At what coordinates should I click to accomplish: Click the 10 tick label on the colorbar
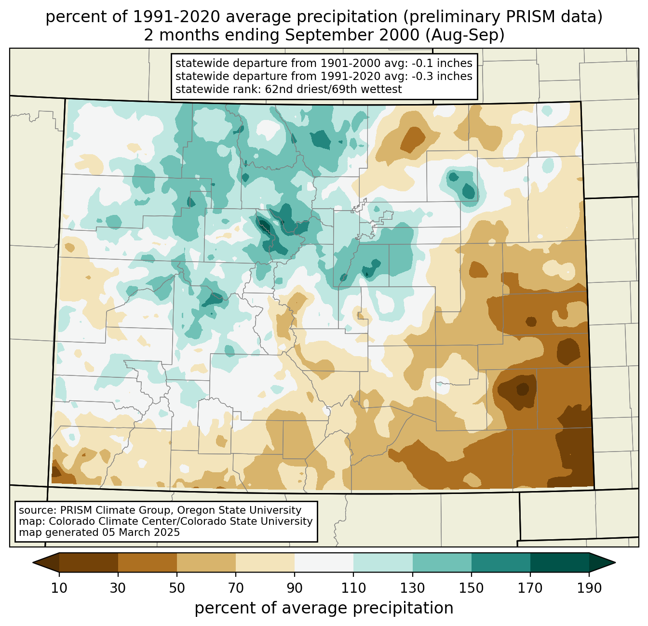click(x=59, y=588)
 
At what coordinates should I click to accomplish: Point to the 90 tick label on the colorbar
click(x=295, y=588)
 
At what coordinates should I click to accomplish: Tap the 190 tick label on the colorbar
click(x=589, y=588)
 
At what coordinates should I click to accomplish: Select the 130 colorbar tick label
click(x=413, y=588)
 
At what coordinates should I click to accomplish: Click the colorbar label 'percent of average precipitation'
click(x=324, y=608)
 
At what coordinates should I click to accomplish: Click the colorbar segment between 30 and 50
click(x=148, y=562)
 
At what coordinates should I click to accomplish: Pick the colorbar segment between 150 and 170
click(x=501, y=562)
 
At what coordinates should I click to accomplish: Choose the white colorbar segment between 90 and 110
click(x=324, y=562)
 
